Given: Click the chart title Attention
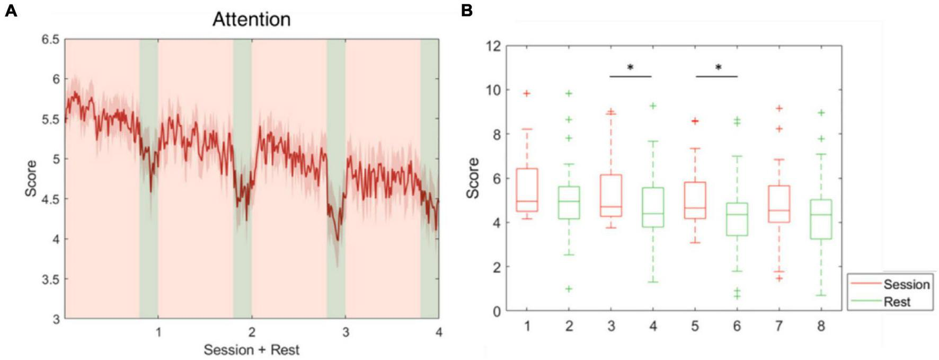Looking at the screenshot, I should [251, 20].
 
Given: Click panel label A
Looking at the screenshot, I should [11, 10].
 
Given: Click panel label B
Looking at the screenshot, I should [467, 10].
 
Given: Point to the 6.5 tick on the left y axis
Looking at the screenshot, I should [51, 39].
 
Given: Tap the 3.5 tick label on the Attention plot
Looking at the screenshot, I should [51, 279].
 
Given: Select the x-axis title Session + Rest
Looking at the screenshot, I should [251, 350].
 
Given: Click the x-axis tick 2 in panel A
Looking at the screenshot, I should [252, 333].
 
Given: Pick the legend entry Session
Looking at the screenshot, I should [906, 285].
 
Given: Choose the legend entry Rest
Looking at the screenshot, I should [897, 302].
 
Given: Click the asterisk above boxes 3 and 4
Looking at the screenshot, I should [630, 68].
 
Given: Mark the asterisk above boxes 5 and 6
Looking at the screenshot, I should [718, 68].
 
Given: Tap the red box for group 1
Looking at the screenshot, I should [527, 190].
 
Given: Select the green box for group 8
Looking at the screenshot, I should [821, 219].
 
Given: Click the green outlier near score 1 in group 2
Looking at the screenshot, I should [569, 289].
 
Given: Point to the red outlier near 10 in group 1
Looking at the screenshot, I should [527, 93].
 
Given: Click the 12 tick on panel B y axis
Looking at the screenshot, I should [493, 46].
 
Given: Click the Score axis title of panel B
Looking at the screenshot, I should [472, 178].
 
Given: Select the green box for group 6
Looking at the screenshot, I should [737, 219].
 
